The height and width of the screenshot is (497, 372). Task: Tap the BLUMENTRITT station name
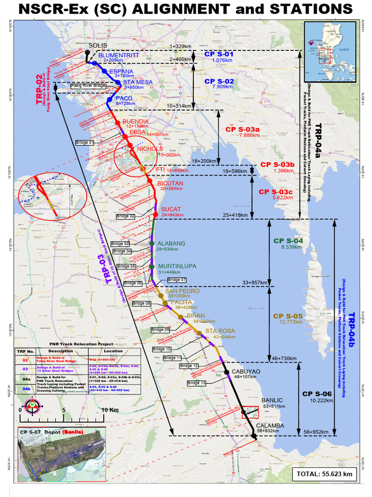[118, 55]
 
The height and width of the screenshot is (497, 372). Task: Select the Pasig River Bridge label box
[88, 86]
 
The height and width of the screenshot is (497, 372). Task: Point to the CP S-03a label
[242, 130]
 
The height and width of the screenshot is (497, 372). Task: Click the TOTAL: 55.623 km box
[324, 474]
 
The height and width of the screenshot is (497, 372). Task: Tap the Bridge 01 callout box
[85, 143]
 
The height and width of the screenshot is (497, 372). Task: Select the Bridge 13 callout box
[197, 383]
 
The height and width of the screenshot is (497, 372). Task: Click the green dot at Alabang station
[152, 244]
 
